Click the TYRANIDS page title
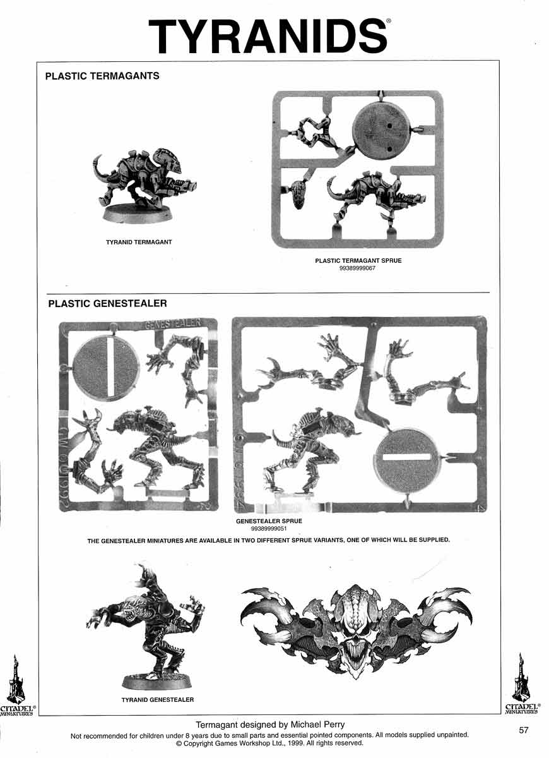(268, 37)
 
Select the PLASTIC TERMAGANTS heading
(102, 76)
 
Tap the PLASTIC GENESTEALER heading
(107, 303)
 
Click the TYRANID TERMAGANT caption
(139, 242)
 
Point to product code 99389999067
(357, 268)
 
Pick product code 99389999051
(269, 529)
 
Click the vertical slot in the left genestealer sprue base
(112, 366)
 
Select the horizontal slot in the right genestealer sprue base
(407, 457)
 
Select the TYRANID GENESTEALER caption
(158, 699)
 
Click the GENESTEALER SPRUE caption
(269, 521)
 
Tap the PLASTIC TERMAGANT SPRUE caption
(358, 260)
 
